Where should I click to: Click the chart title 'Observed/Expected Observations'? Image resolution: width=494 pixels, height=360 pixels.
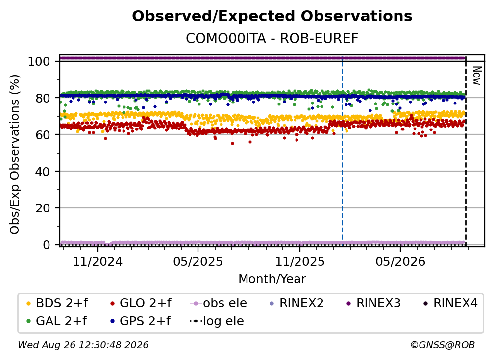272,16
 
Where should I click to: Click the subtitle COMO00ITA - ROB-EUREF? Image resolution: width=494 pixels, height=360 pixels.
272,39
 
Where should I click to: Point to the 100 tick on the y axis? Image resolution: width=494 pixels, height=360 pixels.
39,61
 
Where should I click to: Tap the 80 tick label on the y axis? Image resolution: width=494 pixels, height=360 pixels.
43,98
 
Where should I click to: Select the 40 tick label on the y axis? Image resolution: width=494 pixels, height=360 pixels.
43,172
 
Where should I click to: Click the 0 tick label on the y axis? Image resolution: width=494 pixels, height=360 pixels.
47,245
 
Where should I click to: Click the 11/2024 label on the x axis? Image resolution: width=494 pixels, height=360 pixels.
98,262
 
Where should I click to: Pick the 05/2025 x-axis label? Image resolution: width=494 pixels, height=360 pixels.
198,262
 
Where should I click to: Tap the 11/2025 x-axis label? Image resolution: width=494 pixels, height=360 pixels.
300,262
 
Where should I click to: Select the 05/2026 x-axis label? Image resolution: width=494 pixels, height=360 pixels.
400,262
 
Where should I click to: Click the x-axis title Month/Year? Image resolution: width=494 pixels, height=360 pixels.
272,279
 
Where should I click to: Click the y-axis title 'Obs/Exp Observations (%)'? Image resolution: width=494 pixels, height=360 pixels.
15,154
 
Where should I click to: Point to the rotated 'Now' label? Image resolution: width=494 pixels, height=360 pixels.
477,76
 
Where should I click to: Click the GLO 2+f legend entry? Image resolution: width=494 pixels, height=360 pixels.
141,303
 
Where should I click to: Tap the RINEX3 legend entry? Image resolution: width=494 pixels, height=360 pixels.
373,303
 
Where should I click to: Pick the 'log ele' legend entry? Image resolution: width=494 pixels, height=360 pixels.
217,321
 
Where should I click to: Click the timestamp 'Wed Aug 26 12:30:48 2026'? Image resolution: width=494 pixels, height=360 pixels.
83,345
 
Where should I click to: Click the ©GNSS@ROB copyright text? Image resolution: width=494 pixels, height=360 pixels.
443,345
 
